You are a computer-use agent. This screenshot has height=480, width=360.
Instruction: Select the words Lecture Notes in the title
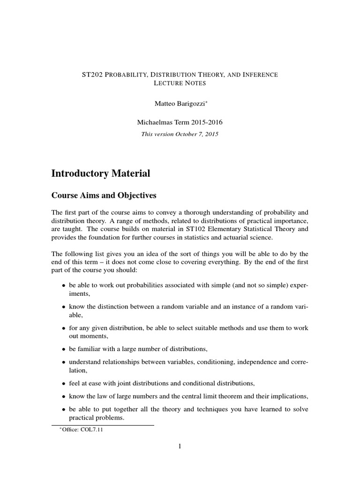tap(180, 83)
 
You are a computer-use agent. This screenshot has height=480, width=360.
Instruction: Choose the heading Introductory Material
tap(101, 173)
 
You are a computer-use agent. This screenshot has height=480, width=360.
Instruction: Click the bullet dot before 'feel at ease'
tap(64, 383)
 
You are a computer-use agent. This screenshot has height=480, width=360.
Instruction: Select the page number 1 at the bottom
tap(180, 446)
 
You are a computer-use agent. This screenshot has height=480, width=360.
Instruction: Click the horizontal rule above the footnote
tap(103, 425)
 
